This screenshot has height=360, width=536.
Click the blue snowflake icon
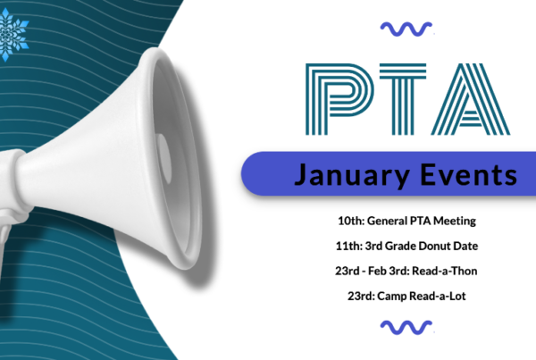(13, 34)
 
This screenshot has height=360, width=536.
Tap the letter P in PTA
(339, 99)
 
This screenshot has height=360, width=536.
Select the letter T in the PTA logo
(403, 99)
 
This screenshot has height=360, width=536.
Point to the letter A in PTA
(471, 99)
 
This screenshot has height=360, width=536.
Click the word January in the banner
(352, 175)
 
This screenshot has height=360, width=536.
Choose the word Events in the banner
(469, 174)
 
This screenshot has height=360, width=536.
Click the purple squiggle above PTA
(406, 29)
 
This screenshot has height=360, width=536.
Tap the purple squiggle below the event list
(406, 328)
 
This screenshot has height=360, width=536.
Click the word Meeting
(455, 222)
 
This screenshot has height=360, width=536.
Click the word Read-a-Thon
(444, 271)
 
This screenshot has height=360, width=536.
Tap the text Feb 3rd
(389, 271)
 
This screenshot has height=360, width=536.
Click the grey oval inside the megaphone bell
(164, 158)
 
